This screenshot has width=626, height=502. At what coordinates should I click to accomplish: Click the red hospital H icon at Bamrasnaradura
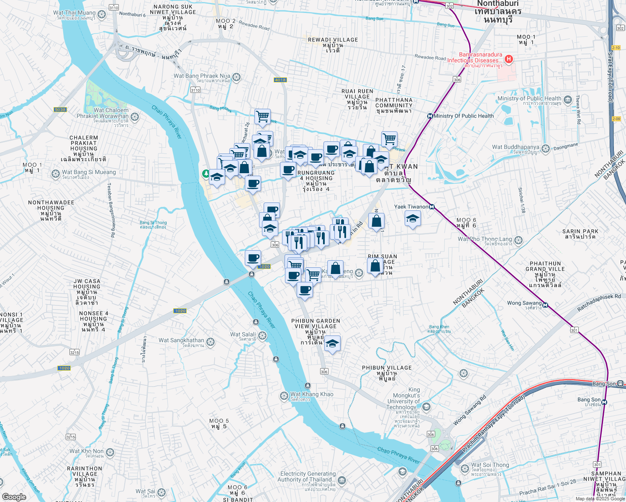(509, 59)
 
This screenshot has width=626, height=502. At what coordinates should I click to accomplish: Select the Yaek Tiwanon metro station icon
(432, 207)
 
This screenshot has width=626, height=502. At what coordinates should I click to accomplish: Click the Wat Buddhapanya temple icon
(546, 149)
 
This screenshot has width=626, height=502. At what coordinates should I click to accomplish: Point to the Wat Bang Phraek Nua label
(202, 76)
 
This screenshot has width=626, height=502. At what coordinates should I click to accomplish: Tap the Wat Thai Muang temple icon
(102, 15)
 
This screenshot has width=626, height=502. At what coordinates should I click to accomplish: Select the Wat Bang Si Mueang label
(89, 172)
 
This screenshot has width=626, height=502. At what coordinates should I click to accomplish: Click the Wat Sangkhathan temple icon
(210, 342)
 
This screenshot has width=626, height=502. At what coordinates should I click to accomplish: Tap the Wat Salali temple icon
(262, 336)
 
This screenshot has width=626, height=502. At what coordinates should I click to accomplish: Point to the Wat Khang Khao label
(312, 394)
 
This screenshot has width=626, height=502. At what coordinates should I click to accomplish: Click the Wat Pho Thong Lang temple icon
(518, 240)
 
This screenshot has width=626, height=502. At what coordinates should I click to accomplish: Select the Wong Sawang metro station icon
(545, 305)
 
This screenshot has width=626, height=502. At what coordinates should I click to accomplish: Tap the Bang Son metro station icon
(604, 402)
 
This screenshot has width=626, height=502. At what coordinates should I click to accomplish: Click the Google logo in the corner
(14, 497)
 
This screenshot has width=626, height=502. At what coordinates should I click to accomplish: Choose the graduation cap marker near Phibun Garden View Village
(332, 343)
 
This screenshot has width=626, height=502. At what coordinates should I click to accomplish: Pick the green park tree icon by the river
(206, 173)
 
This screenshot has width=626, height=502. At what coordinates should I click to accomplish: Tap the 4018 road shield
(280, 80)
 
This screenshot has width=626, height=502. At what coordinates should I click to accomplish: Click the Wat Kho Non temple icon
(110, 452)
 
